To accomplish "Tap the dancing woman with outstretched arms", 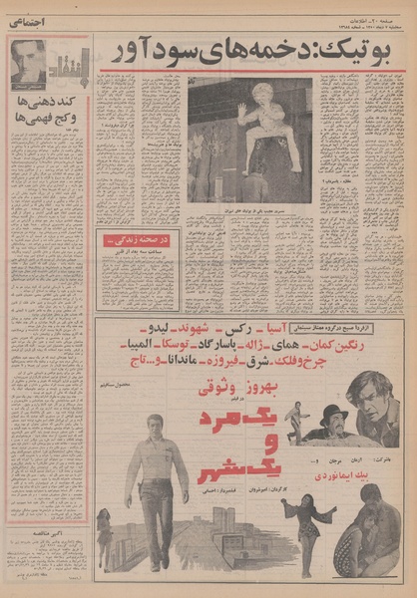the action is [x=298, y=517].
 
